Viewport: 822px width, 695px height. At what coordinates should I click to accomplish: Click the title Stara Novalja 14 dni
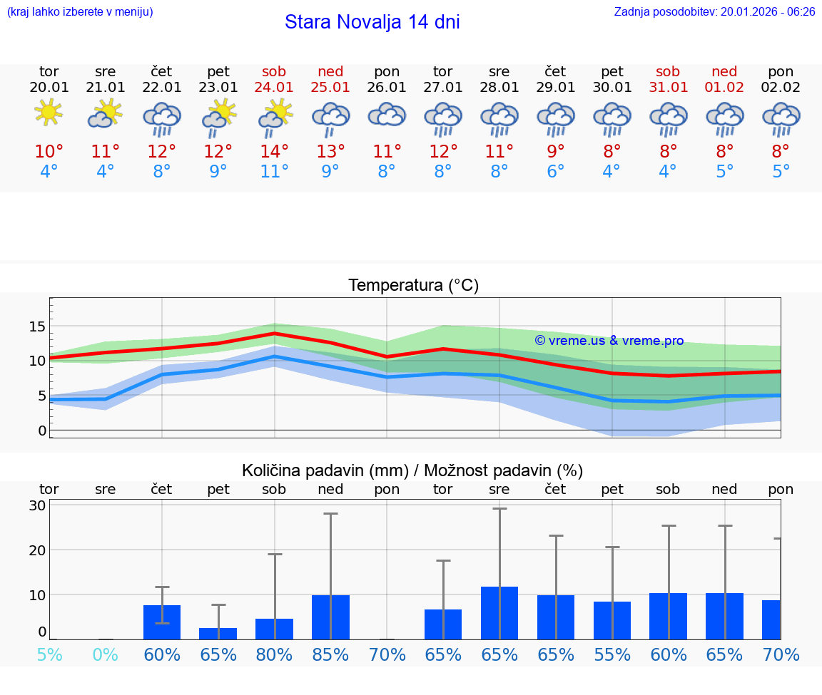pos(372,22)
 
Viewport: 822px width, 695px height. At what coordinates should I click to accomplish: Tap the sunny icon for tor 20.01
pos(49,113)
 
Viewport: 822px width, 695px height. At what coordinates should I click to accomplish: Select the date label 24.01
pos(274,88)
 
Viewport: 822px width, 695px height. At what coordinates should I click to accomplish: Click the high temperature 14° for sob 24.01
pos(274,152)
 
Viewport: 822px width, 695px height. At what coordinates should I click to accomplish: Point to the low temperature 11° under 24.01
pos(274,172)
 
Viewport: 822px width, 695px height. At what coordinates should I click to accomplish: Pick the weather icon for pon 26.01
pos(387,114)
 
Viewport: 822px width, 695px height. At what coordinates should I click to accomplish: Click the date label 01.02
pos(724,88)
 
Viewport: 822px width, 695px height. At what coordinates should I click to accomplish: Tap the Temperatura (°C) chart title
pos(413,285)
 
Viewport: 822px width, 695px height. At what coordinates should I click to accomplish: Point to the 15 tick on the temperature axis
pos(37,326)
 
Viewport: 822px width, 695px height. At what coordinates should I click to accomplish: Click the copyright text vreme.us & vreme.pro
pos(609,341)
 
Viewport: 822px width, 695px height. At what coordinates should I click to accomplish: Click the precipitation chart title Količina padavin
pos(412,470)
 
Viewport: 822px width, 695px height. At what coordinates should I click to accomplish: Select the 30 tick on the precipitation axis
pos(37,505)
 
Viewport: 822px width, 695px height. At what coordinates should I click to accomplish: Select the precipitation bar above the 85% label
pos(330,617)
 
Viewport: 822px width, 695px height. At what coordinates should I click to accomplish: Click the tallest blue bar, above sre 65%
pos(499,613)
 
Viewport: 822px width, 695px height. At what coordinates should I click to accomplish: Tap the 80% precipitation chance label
pos(274,654)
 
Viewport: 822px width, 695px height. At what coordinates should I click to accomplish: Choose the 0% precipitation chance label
pos(105,654)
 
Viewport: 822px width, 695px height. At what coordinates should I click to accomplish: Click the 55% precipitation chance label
pos(612,654)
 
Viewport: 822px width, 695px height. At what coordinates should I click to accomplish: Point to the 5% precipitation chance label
pos(49,654)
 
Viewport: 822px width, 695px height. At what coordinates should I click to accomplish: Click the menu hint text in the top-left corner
pos(79,11)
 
